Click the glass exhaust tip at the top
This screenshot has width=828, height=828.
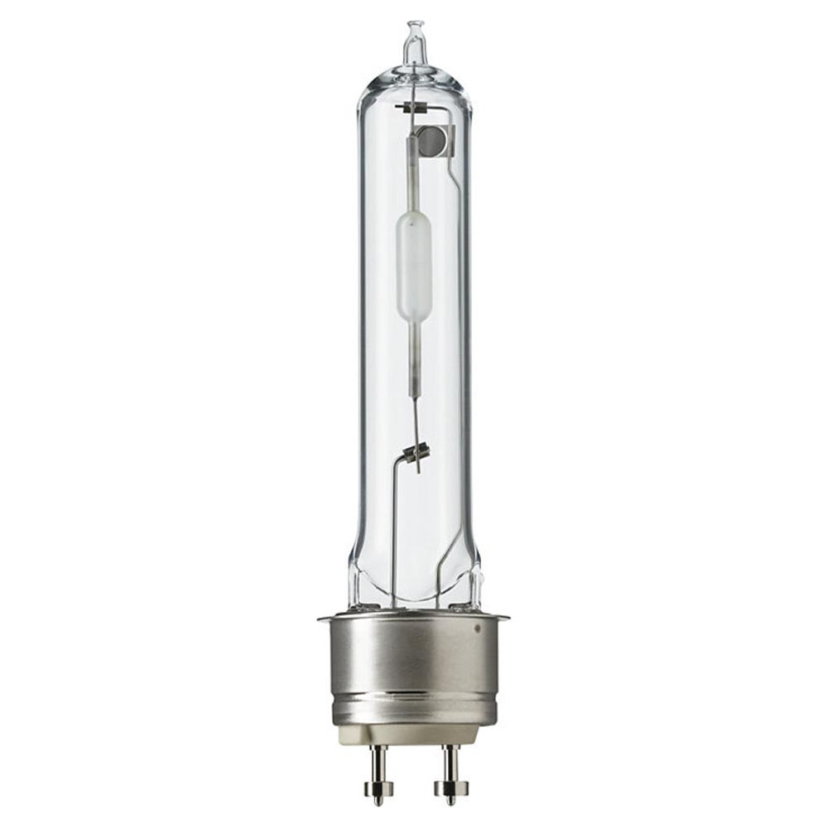[413, 41]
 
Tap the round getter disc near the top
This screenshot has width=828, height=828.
[430, 141]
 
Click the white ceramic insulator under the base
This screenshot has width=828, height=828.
[414, 733]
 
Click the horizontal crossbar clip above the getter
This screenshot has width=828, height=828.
[414, 108]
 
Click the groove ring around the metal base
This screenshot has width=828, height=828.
[414, 704]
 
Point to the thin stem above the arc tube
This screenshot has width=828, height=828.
[413, 182]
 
